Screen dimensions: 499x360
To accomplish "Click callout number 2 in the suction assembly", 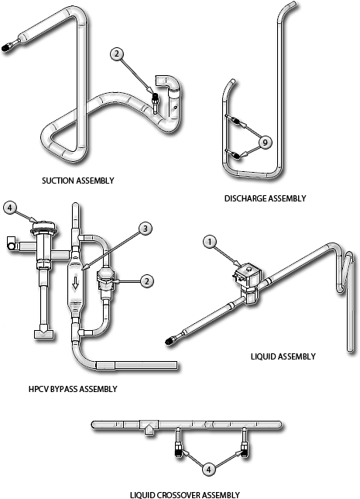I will [x=116, y=54].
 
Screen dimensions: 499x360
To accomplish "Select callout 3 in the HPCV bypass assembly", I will [x=146, y=228].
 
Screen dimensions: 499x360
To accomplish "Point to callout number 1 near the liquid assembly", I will [x=210, y=242].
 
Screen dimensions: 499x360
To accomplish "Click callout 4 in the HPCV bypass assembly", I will [x=9, y=208].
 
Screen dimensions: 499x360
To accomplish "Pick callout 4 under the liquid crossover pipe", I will [x=210, y=468].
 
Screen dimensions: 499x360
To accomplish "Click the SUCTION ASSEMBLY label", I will [x=77, y=181].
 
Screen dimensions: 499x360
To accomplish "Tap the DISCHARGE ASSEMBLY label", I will [x=265, y=199].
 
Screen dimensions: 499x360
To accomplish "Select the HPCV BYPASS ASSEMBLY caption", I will [x=72, y=389].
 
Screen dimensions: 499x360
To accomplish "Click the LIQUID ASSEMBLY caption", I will [x=283, y=356].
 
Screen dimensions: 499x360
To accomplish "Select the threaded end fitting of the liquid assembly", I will [x=173, y=339].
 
